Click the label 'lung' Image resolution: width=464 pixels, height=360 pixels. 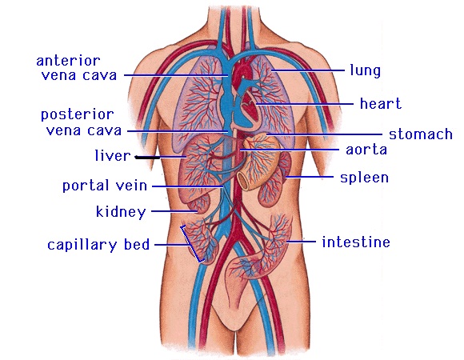click(x=365, y=71)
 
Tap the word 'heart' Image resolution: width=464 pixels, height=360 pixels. click(x=381, y=103)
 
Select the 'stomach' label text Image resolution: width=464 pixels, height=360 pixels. click(x=421, y=134)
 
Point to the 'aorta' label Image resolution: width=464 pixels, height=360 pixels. click(x=366, y=150)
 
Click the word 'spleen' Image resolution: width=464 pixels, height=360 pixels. click(x=364, y=178)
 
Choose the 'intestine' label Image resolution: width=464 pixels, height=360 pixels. click(x=356, y=242)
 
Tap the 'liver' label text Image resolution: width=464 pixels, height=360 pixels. click(x=113, y=155)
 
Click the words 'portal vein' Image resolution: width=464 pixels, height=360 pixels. click(x=105, y=186)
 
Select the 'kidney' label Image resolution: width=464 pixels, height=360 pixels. click(x=121, y=212)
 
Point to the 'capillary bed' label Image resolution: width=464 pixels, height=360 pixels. click(x=98, y=245)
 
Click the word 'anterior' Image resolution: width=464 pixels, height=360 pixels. click(x=68, y=61)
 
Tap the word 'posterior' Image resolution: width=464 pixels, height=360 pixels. click(x=78, y=114)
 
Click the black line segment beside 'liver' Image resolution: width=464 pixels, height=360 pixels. click(x=147, y=158)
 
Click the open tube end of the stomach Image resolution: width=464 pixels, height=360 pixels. click(x=243, y=180)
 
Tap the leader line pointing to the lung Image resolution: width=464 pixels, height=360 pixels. click(x=308, y=70)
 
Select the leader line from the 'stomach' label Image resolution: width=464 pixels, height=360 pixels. click(x=324, y=134)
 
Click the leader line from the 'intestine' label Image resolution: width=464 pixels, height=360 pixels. click(x=302, y=242)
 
